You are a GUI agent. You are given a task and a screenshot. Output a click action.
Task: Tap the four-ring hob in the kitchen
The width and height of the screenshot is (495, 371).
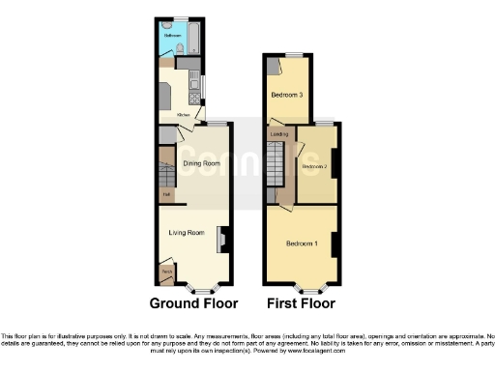point(165,98)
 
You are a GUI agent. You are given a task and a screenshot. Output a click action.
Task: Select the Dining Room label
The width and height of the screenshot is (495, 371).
point(202,163)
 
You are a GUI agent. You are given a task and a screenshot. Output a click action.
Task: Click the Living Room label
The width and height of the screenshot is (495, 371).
point(188,232)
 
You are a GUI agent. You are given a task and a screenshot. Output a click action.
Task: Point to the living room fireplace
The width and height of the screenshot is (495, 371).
point(222,238)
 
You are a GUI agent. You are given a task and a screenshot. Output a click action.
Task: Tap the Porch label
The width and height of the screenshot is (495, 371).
point(166,273)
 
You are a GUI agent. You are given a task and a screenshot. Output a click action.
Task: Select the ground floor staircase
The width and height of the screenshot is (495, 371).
point(166,164)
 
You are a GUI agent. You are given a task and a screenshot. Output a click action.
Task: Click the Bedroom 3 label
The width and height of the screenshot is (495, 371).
point(286,95)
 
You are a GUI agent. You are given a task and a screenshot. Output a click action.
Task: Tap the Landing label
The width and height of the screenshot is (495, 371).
point(280,133)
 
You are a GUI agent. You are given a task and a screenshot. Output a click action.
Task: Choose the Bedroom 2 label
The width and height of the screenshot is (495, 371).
point(313,167)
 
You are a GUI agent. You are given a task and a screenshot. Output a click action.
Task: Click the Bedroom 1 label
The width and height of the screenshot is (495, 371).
point(302,243)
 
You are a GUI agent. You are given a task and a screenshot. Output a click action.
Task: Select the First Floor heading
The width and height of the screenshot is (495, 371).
point(301,303)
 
